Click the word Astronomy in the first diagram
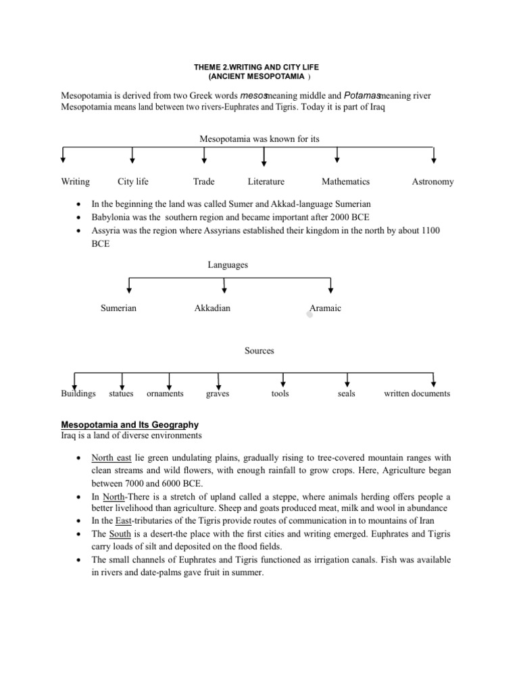(x=432, y=182)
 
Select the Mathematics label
(x=345, y=182)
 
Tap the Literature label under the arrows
(x=266, y=182)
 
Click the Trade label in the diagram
(x=203, y=182)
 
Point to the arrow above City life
(x=132, y=156)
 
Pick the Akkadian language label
(x=212, y=308)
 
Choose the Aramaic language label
(x=325, y=308)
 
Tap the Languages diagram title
(x=228, y=265)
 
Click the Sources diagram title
(x=259, y=351)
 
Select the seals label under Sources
(x=347, y=393)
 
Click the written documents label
(x=417, y=393)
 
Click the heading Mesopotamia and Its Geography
(x=130, y=424)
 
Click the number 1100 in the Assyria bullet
(x=429, y=231)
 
